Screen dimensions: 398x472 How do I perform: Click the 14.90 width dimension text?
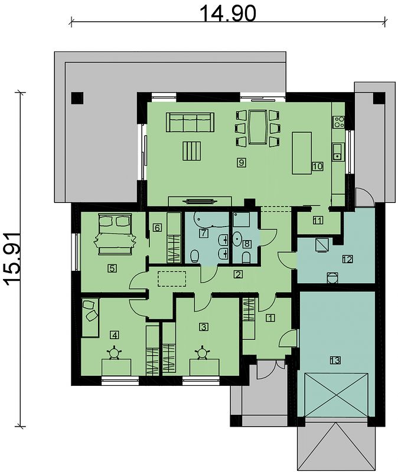pos(228,14)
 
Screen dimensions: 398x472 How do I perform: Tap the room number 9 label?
pos(242,163)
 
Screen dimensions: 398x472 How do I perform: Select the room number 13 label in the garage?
pos(335,360)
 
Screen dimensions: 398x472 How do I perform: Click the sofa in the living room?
pos(190,122)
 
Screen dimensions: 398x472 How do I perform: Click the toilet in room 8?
pos(246,258)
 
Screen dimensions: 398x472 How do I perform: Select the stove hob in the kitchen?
pos(338,122)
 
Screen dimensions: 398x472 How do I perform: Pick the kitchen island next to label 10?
pos(302,153)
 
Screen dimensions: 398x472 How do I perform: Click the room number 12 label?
pos(347,259)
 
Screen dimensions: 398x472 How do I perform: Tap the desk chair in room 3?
pos(202,352)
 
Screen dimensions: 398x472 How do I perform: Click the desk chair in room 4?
pos(115,352)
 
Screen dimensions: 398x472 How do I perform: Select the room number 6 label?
pos(157,228)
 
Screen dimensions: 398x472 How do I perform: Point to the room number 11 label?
pos(318,220)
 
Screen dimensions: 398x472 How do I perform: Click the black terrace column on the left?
pos(77,98)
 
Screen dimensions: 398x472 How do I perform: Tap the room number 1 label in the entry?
pos(270,318)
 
